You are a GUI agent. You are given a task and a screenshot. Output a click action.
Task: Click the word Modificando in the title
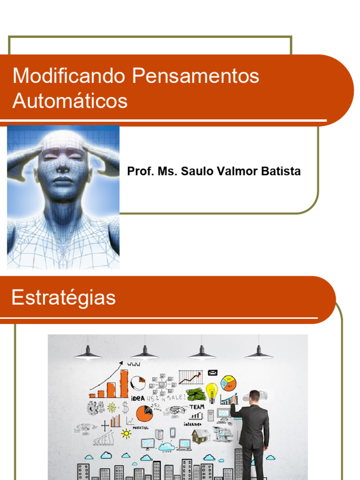point(69,76)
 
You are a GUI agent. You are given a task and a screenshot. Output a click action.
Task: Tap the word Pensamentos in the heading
point(195,76)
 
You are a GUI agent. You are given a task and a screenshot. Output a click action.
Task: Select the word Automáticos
point(70,101)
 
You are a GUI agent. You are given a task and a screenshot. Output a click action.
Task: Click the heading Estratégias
point(63,298)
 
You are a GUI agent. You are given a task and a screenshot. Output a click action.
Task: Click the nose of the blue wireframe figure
point(63,167)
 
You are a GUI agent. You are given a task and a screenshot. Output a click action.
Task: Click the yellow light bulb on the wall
point(212,391)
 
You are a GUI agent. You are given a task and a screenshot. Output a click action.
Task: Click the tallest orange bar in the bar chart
point(124,383)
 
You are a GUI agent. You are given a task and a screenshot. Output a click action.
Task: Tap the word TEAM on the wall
point(197,407)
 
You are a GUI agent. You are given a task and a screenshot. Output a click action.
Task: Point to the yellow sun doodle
point(126,434)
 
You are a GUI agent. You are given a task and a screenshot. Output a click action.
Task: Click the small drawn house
point(201,436)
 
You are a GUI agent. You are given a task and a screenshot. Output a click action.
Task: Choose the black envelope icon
point(212,373)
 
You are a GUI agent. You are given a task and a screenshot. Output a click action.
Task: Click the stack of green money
point(195,394)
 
